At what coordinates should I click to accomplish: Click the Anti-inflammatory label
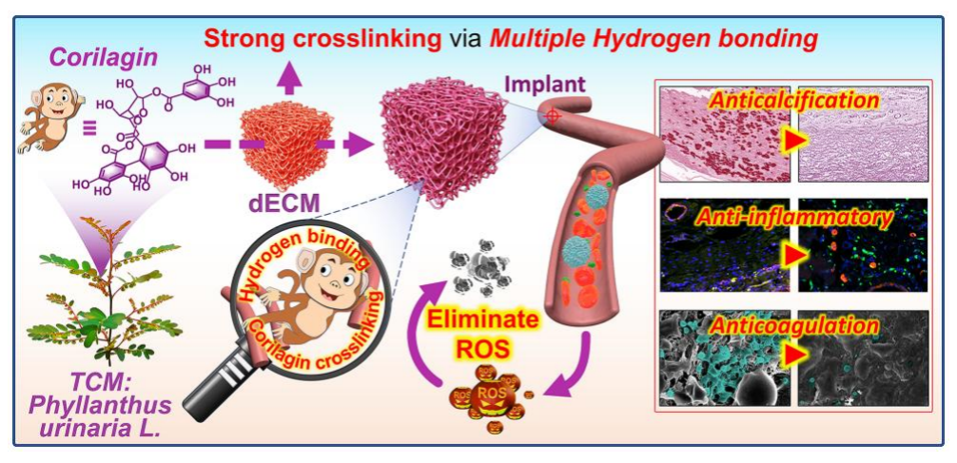[x=794, y=220]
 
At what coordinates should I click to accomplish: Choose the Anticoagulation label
[x=794, y=326]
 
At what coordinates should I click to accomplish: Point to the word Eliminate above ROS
[x=468, y=318]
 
